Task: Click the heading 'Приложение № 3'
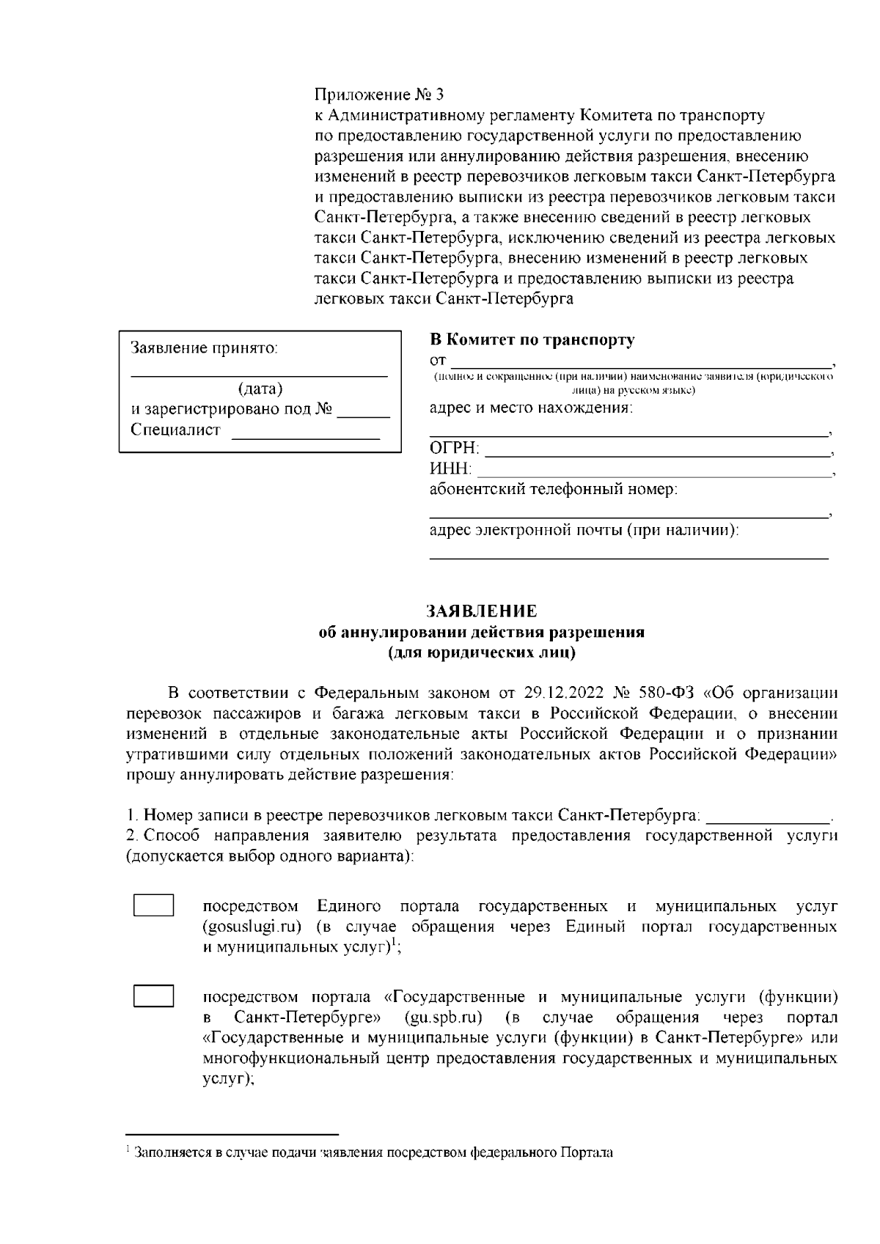coord(379,95)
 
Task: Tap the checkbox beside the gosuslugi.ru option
coord(153,906)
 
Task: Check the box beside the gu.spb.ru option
coord(153,997)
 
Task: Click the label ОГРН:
coord(454,449)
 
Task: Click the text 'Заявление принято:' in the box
coord(204,347)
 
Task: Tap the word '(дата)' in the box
coord(260,389)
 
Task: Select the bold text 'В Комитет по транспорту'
coord(532,340)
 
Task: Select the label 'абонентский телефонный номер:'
coord(553,490)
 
